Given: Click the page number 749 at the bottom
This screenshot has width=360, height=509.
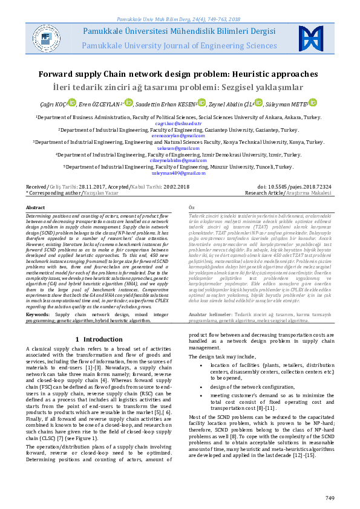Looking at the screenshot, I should coord(330,498).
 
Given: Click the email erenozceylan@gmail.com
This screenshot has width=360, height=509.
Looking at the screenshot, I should coord(179,135).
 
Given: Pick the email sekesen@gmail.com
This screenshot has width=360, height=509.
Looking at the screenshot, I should coord(179,148).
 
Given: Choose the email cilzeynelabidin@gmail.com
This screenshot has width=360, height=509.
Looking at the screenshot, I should coord(179,160).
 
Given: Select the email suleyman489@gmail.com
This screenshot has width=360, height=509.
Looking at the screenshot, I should coord(179,172).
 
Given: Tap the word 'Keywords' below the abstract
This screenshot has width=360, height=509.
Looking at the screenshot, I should coord(38,314).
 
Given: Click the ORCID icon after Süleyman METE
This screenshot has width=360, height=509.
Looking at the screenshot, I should coord(312,104).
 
